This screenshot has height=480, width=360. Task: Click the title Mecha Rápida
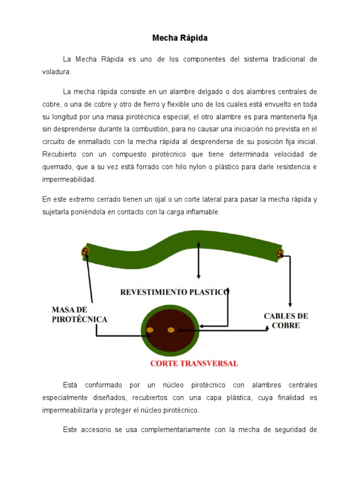click(x=180, y=38)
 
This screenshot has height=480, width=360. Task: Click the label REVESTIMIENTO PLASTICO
click(x=175, y=292)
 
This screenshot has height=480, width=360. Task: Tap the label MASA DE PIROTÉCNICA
click(x=80, y=315)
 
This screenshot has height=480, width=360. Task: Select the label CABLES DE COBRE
click(x=286, y=321)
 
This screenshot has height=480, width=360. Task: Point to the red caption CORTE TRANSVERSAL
click(x=194, y=363)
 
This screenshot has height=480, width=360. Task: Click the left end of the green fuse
click(x=85, y=252)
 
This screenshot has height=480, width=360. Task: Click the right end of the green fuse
click(x=280, y=254)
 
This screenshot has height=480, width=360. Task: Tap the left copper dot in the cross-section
click(x=150, y=330)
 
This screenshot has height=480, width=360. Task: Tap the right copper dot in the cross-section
click(x=171, y=330)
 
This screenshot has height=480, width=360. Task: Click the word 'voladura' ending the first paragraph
click(x=56, y=72)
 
